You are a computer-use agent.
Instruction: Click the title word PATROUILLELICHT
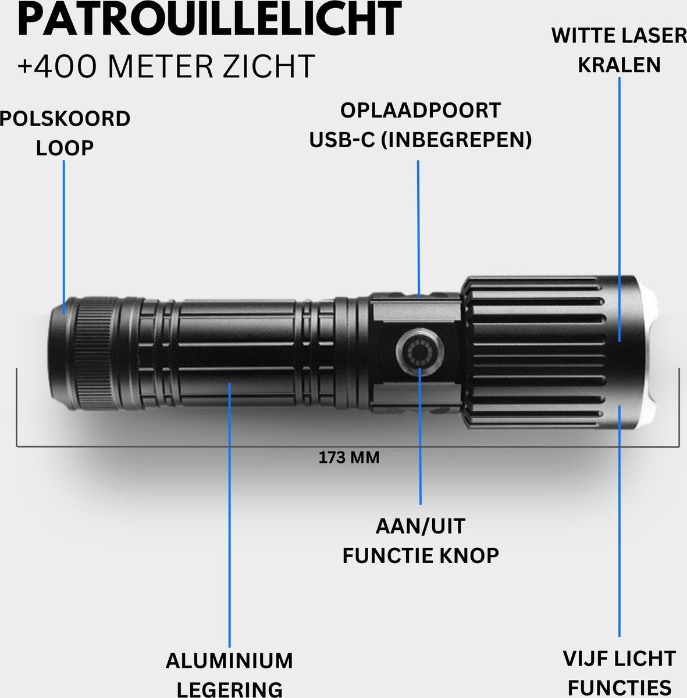[209, 20]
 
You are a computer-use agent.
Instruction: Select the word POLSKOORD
[65, 119]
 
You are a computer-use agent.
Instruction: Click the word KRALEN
[619, 65]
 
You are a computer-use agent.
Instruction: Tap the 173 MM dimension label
[349, 458]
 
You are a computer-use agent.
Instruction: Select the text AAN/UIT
[420, 526]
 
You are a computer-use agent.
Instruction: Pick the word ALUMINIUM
[229, 661]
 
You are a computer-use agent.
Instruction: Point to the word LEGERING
[229, 689]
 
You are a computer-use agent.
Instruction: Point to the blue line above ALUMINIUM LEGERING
[230, 523]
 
